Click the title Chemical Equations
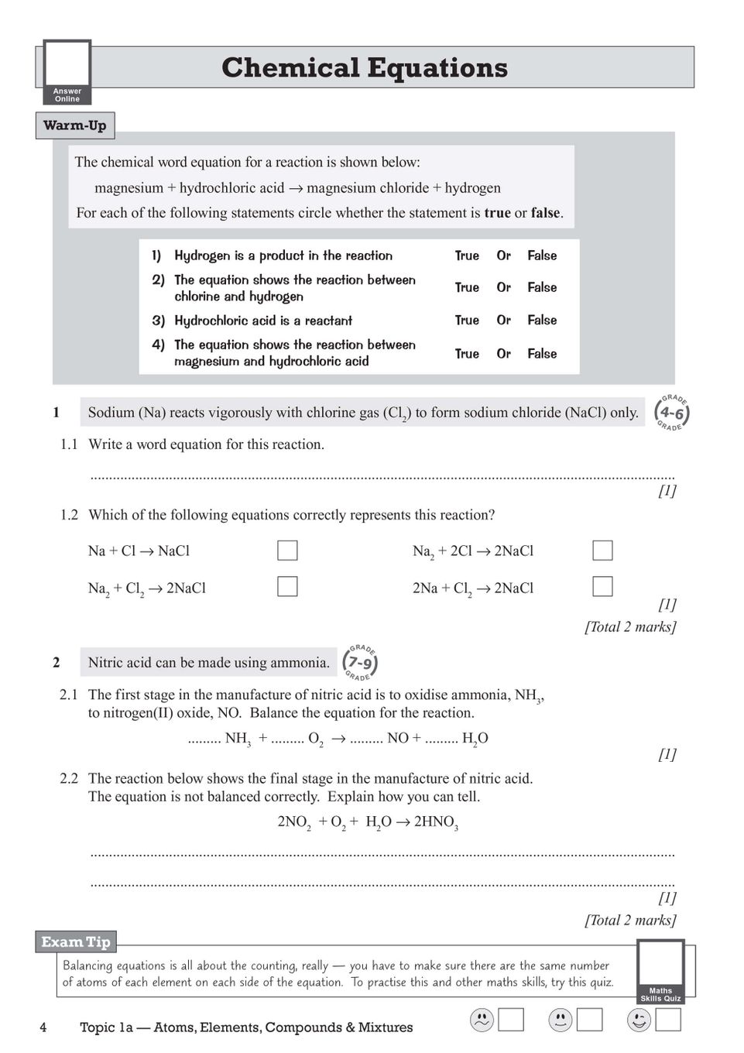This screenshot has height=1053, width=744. (x=364, y=67)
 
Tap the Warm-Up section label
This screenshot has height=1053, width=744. (x=75, y=125)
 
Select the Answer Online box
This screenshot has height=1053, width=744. (x=67, y=73)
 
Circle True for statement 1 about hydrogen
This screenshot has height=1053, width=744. (x=467, y=256)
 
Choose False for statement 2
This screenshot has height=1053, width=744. (x=542, y=287)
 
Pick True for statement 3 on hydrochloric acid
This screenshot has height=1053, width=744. (x=467, y=320)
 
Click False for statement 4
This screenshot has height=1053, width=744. (x=542, y=354)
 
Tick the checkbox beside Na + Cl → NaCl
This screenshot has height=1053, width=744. (x=287, y=551)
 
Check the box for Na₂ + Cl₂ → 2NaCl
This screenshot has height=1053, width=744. (x=287, y=587)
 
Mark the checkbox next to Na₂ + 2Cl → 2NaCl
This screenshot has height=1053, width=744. (x=602, y=551)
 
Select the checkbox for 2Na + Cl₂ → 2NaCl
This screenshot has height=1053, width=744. (x=602, y=587)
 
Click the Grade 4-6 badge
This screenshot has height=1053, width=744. (x=670, y=413)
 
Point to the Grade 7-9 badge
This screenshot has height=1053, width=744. (x=361, y=663)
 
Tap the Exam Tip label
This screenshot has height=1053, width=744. (x=75, y=942)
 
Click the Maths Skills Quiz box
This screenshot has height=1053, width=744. (x=660, y=972)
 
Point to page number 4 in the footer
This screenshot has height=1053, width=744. (x=43, y=1027)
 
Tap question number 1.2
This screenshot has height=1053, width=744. (x=69, y=515)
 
